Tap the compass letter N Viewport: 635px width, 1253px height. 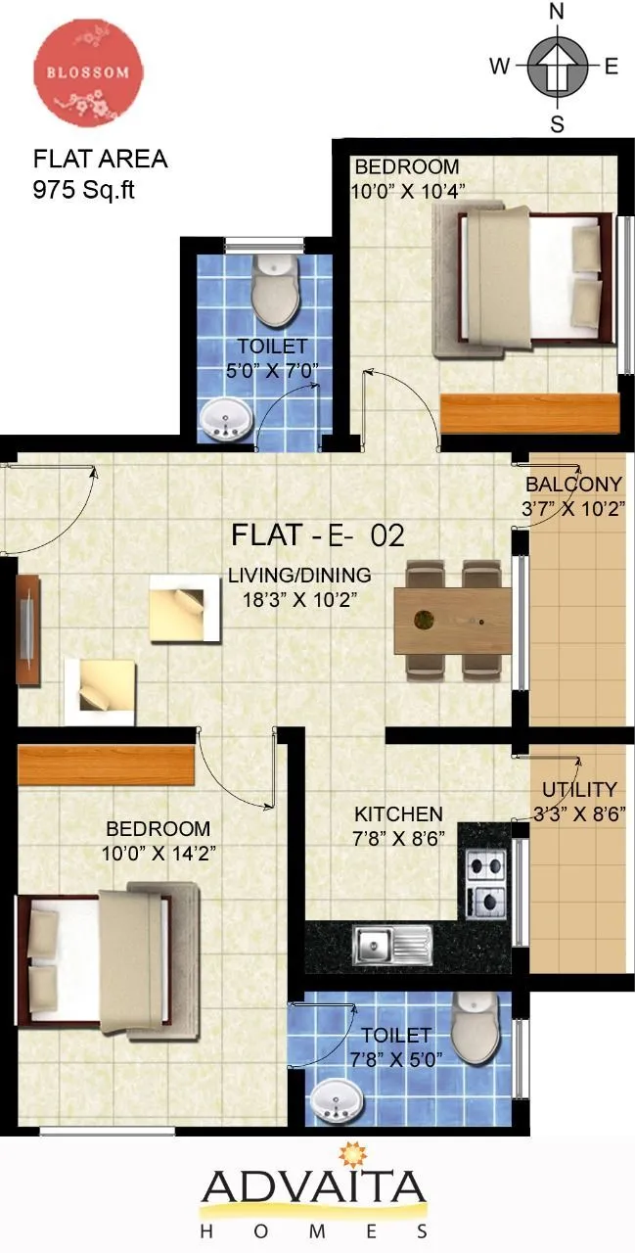557,12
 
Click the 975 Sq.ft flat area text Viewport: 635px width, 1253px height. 83,190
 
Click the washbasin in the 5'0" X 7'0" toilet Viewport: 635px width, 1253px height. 225,421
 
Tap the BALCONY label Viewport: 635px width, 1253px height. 573,484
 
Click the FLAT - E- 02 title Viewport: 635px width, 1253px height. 318,535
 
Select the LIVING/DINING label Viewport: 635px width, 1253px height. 299,575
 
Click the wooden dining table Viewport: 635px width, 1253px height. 452,620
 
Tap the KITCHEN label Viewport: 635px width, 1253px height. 398,813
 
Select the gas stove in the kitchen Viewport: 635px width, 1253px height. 485,882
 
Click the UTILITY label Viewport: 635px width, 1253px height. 580,789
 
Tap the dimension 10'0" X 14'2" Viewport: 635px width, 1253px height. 159,852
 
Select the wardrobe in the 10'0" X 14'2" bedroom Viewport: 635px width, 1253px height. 106,765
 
